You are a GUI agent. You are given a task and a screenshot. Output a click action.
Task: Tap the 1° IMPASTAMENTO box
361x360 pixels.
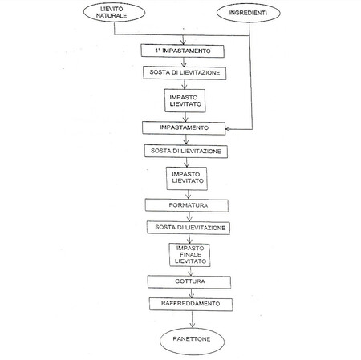coord(188,50)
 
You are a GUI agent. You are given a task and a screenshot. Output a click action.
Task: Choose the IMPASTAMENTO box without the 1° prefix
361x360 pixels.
coord(188,127)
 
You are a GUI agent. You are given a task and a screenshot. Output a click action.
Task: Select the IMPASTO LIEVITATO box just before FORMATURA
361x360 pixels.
coord(188,177)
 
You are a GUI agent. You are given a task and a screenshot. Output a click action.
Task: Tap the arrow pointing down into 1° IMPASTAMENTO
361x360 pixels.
coord(188,39)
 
